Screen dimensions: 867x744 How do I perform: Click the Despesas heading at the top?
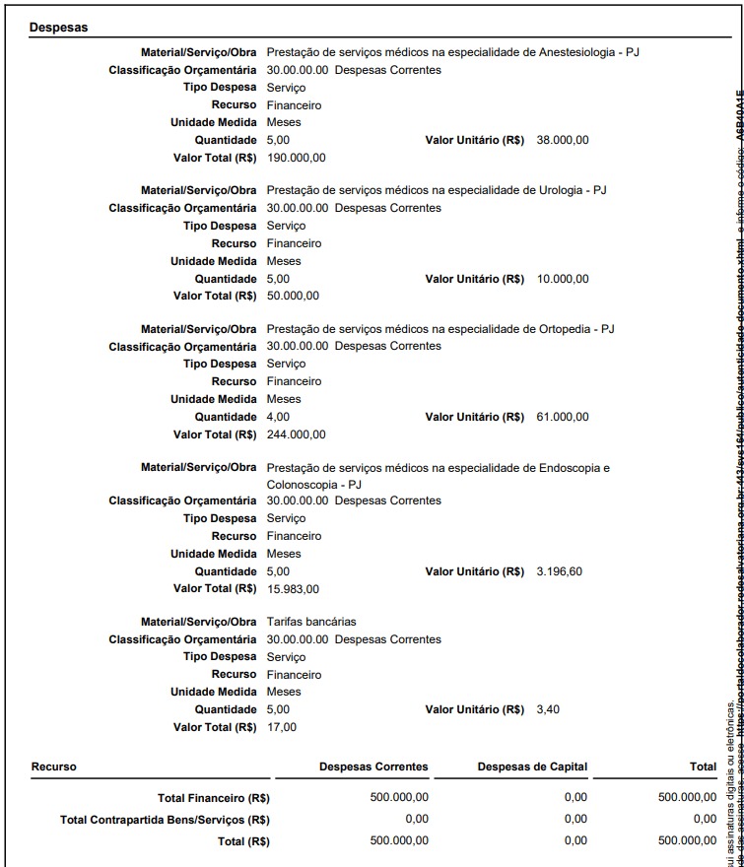click(x=58, y=28)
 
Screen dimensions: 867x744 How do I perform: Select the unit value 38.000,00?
click(x=563, y=140)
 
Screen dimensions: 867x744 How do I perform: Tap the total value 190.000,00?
click(x=297, y=158)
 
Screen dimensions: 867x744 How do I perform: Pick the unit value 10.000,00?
click(x=563, y=279)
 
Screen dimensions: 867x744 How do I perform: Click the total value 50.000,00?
click(x=293, y=296)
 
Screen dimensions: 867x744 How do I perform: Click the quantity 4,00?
click(x=278, y=417)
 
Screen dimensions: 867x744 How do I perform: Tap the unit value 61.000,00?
click(x=563, y=417)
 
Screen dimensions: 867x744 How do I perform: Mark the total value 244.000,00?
click(x=297, y=434)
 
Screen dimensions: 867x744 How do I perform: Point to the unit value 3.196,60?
click(x=560, y=571)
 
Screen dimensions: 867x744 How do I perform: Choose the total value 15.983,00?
click(x=293, y=589)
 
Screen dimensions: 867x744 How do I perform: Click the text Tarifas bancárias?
click(x=311, y=622)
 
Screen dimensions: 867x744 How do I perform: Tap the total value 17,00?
click(x=281, y=727)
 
